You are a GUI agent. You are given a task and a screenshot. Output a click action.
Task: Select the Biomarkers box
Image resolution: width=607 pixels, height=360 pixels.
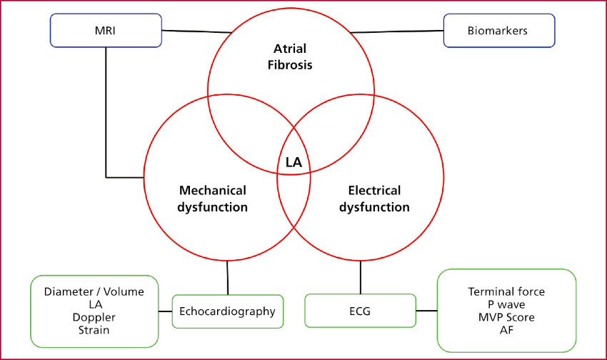(x=498, y=32)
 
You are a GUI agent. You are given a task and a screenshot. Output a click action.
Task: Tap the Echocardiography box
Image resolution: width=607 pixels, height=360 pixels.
(x=227, y=311)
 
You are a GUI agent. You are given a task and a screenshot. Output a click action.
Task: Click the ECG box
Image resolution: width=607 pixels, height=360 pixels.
(x=360, y=311)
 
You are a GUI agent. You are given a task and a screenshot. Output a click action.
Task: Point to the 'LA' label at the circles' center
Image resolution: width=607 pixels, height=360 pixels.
(x=294, y=162)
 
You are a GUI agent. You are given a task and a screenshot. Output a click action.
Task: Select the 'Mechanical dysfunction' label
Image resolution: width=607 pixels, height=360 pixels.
(x=214, y=199)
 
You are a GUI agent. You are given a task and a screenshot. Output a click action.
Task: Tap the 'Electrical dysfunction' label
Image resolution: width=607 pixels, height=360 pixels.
(x=374, y=199)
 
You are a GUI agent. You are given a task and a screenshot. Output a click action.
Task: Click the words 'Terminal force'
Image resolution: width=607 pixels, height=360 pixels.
(x=506, y=291)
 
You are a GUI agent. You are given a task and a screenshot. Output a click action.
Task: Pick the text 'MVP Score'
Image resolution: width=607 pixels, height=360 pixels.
(x=506, y=317)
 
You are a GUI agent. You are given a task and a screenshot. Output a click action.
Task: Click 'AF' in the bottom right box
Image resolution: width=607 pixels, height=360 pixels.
(x=506, y=330)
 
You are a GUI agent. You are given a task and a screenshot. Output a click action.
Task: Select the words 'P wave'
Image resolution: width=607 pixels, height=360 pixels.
(x=506, y=304)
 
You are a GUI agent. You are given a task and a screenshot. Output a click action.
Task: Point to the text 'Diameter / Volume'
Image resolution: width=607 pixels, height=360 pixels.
(x=94, y=291)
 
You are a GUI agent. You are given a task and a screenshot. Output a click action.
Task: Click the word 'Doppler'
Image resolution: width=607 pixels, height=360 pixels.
(x=94, y=316)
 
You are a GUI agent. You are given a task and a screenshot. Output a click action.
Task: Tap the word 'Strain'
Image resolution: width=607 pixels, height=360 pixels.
(x=94, y=329)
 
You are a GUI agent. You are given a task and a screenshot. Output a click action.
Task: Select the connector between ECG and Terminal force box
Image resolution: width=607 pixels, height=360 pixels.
(x=426, y=311)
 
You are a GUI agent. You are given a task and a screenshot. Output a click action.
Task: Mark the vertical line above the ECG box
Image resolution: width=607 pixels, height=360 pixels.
(x=360, y=278)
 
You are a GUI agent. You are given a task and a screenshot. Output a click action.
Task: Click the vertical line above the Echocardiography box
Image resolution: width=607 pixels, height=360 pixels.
(x=227, y=278)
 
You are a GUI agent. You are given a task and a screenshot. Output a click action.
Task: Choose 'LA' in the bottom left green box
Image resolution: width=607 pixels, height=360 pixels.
(x=94, y=304)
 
